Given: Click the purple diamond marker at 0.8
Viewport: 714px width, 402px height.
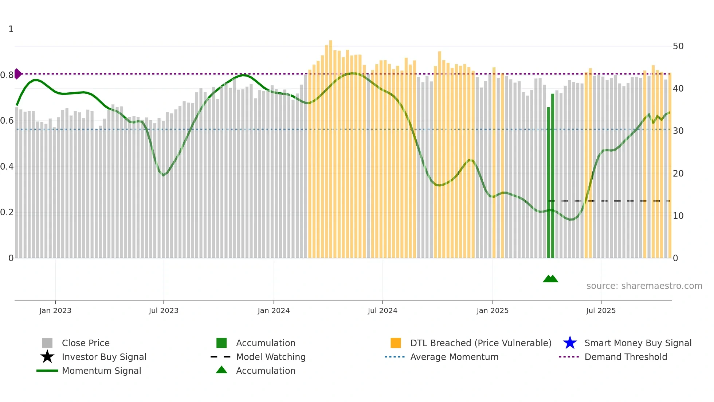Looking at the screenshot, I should [x=18, y=74].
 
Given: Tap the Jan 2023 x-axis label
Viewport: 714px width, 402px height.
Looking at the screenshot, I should [x=55, y=310].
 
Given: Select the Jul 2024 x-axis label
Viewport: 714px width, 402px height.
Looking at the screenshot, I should [x=382, y=310].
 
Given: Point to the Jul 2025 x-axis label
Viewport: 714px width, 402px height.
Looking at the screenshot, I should [x=601, y=310].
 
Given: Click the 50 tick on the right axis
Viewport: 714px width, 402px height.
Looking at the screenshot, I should [x=678, y=46].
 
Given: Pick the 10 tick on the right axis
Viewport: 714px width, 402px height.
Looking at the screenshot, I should [x=678, y=216].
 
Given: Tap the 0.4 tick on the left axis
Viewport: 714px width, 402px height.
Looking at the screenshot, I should [x=7, y=167].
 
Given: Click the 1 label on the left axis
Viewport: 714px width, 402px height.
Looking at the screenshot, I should [x=11, y=29].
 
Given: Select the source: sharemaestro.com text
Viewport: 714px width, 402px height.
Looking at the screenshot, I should [x=644, y=286].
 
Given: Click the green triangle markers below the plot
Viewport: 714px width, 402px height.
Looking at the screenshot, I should [x=550, y=279].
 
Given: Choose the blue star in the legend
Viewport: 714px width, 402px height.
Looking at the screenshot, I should [x=570, y=343].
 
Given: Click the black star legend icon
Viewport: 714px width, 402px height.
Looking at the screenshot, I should [x=47, y=357].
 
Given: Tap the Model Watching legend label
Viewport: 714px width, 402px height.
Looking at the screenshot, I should [x=271, y=357].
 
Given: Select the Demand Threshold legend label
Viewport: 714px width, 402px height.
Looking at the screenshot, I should [x=625, y=357].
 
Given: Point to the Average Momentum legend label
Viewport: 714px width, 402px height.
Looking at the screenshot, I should [x=454, y=357].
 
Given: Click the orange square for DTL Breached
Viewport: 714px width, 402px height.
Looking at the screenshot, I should [x=396, y=343].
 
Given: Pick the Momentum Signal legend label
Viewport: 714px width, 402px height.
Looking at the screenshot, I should [x=101, y=371].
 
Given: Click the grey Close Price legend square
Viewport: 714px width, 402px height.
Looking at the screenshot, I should [x=47, y=343].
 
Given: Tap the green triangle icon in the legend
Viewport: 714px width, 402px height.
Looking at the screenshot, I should [x=221, y=370].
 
